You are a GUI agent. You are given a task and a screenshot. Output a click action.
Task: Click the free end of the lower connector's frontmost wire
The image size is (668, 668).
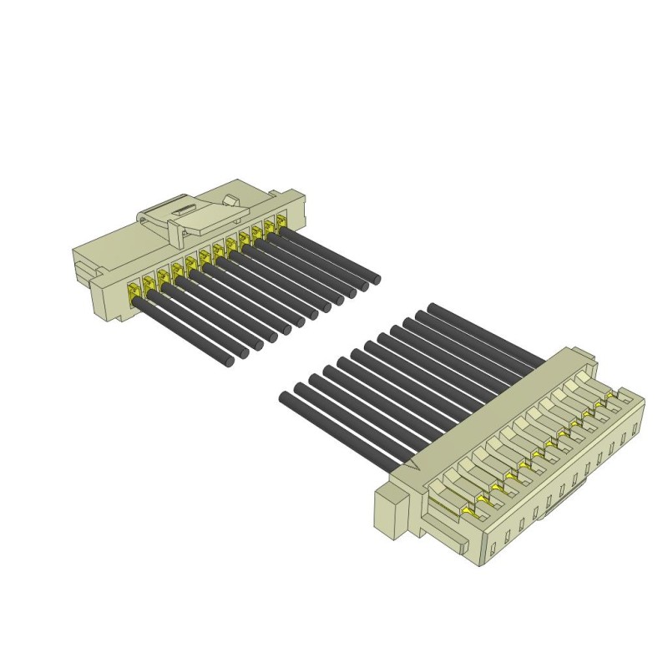[285, 398]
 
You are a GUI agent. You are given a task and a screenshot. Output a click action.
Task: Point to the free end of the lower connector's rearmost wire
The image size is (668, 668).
[433, 308]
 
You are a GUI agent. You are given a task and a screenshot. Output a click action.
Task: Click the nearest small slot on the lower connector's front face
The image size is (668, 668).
[493, 548]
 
